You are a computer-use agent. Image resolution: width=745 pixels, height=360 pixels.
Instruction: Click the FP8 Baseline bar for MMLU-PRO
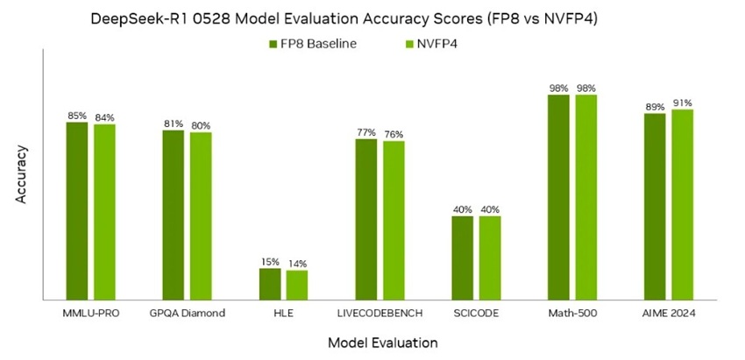click(x=77, y=211)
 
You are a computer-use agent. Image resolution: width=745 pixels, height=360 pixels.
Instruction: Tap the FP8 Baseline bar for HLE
click(x=270, y=285)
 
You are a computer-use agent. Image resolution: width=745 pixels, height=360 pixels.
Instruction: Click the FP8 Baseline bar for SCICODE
click(x=462, y=258)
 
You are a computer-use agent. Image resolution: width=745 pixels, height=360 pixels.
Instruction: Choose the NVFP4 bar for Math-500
click(x=586, y=197)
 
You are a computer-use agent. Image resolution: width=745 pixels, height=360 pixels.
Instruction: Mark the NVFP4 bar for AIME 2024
click(x=682, y=205)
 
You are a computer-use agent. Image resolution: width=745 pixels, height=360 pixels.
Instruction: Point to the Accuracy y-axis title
click(x=21, y=174)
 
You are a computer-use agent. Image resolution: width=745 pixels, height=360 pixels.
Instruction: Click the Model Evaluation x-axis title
click(x=382, y=342)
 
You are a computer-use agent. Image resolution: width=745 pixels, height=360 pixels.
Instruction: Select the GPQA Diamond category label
click(x=187, y=314)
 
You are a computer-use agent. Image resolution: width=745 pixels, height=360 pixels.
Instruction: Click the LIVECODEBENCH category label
click(x=380, y=314)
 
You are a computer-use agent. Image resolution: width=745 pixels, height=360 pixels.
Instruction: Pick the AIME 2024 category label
click(x=668, y=314)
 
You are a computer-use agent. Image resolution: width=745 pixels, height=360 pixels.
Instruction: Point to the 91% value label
click(x=682, y=102)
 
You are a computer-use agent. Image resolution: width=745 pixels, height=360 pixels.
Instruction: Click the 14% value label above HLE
click(x=297, y=264)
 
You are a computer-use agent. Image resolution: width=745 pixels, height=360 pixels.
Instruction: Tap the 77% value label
click(x=365, y=132)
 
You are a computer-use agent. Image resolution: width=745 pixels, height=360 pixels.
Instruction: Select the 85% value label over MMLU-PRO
click(x=77, y=116)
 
